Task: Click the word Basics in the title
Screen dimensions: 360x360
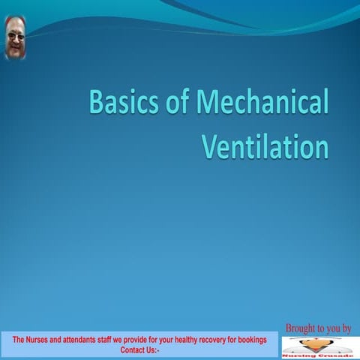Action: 119,103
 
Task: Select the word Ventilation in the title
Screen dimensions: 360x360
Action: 265,145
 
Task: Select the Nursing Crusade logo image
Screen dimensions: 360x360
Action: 314,347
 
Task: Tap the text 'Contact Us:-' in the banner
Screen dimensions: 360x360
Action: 139,349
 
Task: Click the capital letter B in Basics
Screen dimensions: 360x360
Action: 97,103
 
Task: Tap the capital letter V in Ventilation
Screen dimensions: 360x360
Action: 211,145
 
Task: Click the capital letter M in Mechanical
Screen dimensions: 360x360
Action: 199,103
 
